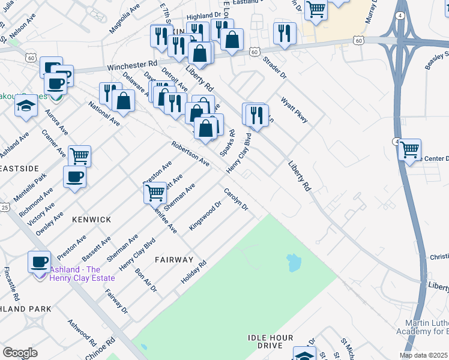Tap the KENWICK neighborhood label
92,220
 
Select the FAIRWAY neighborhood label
174,260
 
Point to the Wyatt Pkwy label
295,111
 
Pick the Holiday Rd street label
194,272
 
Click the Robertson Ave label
190,154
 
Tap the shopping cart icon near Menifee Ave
155,193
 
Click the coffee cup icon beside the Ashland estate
40,261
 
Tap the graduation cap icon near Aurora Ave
26,106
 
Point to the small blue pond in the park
294,262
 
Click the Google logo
20,353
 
